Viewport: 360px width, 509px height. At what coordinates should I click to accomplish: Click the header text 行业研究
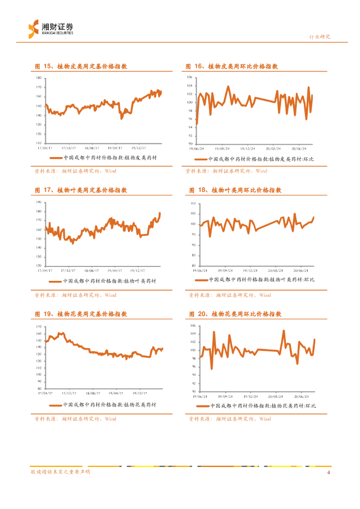coord(320,37)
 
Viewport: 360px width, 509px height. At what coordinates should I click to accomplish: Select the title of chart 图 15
coord(81,66)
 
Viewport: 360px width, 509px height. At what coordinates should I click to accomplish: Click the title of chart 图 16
coord(232,66)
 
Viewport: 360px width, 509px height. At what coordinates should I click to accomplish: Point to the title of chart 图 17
coord(81,190)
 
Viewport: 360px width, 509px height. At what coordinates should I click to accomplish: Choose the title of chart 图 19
coord(81,314)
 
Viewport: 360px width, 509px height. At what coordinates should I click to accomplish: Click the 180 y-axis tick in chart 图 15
coord(39,79)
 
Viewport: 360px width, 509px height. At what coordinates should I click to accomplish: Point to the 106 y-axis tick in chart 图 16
coord(190,78)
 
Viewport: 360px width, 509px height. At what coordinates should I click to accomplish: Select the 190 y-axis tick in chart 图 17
coord(39,203)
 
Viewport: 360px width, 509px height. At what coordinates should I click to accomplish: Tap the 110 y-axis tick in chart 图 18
coord(194,204)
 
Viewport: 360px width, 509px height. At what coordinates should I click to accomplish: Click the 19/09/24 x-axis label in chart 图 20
coord(225,397)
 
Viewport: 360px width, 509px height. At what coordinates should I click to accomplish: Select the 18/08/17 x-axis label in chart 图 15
coord(92,148)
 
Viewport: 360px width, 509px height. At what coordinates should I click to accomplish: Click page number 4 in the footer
coord(328,472)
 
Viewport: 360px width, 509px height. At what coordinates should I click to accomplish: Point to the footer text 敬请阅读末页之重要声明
coord(60,472)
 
